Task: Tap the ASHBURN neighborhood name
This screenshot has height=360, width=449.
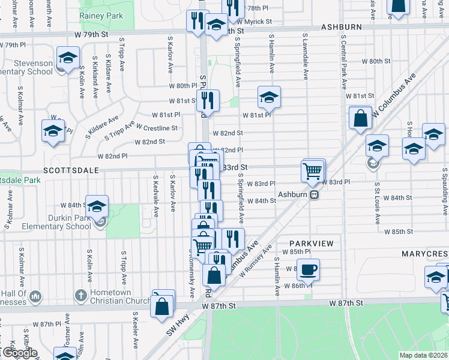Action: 341,28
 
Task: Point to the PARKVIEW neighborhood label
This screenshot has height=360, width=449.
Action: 310,242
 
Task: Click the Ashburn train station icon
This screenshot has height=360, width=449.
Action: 314,194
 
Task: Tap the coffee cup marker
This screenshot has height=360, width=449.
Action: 309,269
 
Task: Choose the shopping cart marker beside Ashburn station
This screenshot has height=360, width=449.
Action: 313,171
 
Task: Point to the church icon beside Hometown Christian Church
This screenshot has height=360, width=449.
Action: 80,295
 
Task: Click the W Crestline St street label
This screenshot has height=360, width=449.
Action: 157,128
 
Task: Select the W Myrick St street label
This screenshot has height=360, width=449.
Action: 253,22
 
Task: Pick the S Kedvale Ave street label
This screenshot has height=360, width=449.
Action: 155,195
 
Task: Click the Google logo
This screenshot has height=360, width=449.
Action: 19,353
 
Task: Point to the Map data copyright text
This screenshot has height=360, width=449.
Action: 423,355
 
